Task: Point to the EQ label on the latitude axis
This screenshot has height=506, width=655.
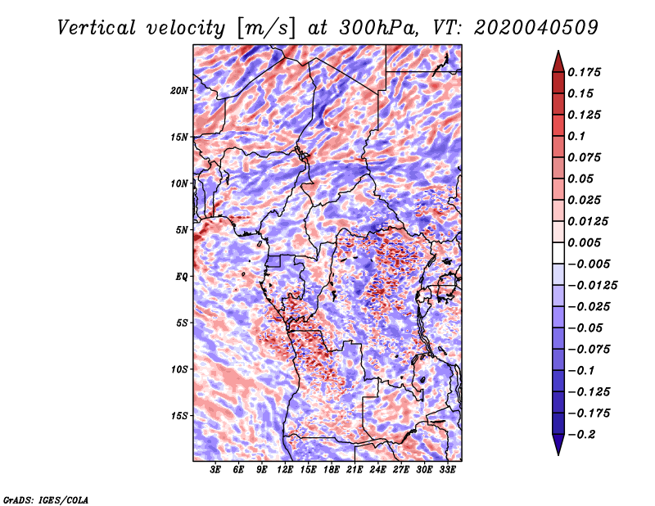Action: pyautogui.click(x=183, y=276)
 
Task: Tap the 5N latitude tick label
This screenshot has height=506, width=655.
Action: pyautogui.click(x=183, y=229)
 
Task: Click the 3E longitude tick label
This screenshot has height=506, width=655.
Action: pyautogui.click(x=216, y=470)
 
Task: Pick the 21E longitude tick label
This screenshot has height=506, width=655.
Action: pyautogui.click(x=355, y=470)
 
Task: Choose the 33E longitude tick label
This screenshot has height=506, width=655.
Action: pyautogui.click(x=447, y=470)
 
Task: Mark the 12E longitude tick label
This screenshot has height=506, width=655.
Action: pyautogui.click(x=285, y=470)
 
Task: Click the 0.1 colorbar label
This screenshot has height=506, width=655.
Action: pyautogui.click(x=577, y=136)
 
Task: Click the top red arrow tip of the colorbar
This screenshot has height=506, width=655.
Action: pyautogui.click(x=558, y=56)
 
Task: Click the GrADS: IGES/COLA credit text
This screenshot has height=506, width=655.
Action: pyautogui.click(x=45, y=499)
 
